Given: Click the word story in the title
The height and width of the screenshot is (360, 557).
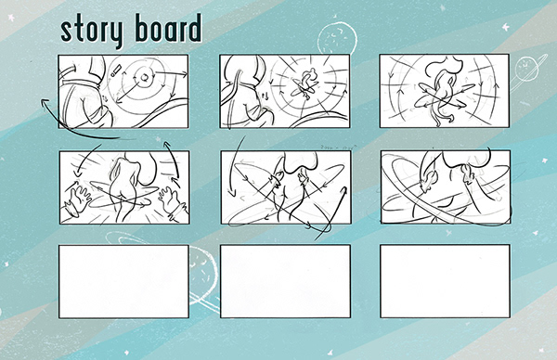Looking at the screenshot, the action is tap(92, 31).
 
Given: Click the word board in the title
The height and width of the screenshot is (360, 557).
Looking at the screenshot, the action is tap(169, 28).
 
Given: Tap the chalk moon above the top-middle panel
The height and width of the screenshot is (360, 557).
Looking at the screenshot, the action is tap(337, 38).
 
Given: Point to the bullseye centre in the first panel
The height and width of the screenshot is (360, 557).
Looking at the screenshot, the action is tap(144, 77).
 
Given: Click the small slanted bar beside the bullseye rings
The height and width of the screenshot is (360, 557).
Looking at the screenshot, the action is tap(116, 70).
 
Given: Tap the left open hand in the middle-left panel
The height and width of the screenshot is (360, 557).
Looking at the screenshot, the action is tap(78, 199).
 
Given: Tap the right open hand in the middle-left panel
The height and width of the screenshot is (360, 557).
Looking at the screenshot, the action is tap(172, 199).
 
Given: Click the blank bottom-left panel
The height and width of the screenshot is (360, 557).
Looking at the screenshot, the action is tap(123, 281).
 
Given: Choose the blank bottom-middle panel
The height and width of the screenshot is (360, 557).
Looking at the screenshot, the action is tap(285, 281).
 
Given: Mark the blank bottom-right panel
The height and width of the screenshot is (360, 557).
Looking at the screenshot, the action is tap(445, 281).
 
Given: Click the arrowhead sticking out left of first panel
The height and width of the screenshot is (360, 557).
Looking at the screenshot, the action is tap(45, 102).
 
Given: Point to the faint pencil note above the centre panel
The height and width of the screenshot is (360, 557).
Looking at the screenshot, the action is tap(338, 147).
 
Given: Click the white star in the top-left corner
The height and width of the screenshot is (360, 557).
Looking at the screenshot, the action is tap(11, 18).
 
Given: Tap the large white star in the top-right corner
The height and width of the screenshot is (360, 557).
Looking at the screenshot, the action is tap(506, 27).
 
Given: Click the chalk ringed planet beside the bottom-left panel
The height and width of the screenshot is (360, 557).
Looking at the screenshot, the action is tap(202, 276).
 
